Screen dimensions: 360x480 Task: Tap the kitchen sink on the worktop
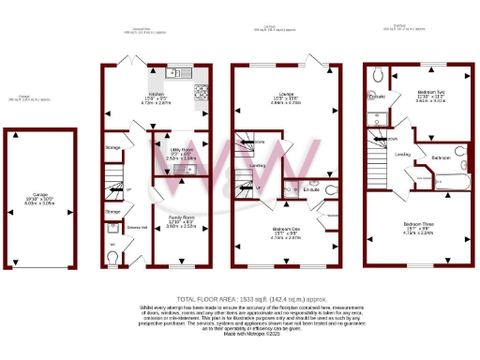click(x=172, y=73)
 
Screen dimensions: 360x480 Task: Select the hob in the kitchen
click(x=200, y=91)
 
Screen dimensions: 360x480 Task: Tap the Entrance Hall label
click(x=135, y=228)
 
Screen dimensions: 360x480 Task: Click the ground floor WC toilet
click(x=112, y=250)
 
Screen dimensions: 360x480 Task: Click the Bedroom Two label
click(x=432, y=94)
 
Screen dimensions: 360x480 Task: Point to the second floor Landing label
click(x=403, y=154)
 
